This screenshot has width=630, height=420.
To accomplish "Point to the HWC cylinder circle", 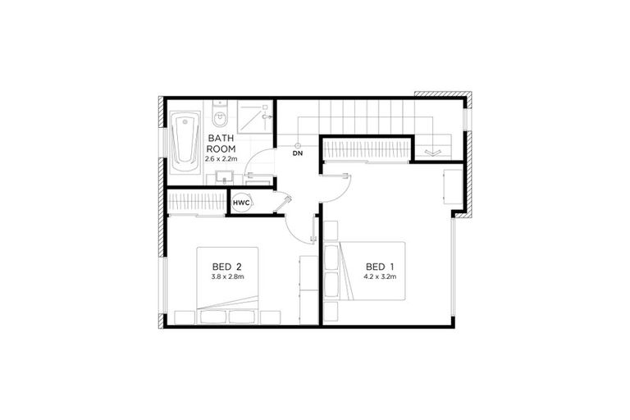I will [x=240, y=202].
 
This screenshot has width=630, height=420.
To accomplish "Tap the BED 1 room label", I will [x=381, y=267].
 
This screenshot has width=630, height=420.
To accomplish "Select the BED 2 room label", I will [x=226, y=267].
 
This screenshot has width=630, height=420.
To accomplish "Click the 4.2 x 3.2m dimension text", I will [x=381, y=277].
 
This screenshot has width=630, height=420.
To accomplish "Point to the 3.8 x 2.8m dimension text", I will [x=226, y=276].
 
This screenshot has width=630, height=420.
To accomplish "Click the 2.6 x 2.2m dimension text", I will [x=221, y=158].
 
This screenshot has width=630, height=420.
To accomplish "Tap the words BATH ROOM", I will [x=221, y=144].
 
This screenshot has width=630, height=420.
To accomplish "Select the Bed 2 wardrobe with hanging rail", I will [x=196, y=202].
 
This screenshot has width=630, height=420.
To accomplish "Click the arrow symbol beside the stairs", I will [x=432, y=152].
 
